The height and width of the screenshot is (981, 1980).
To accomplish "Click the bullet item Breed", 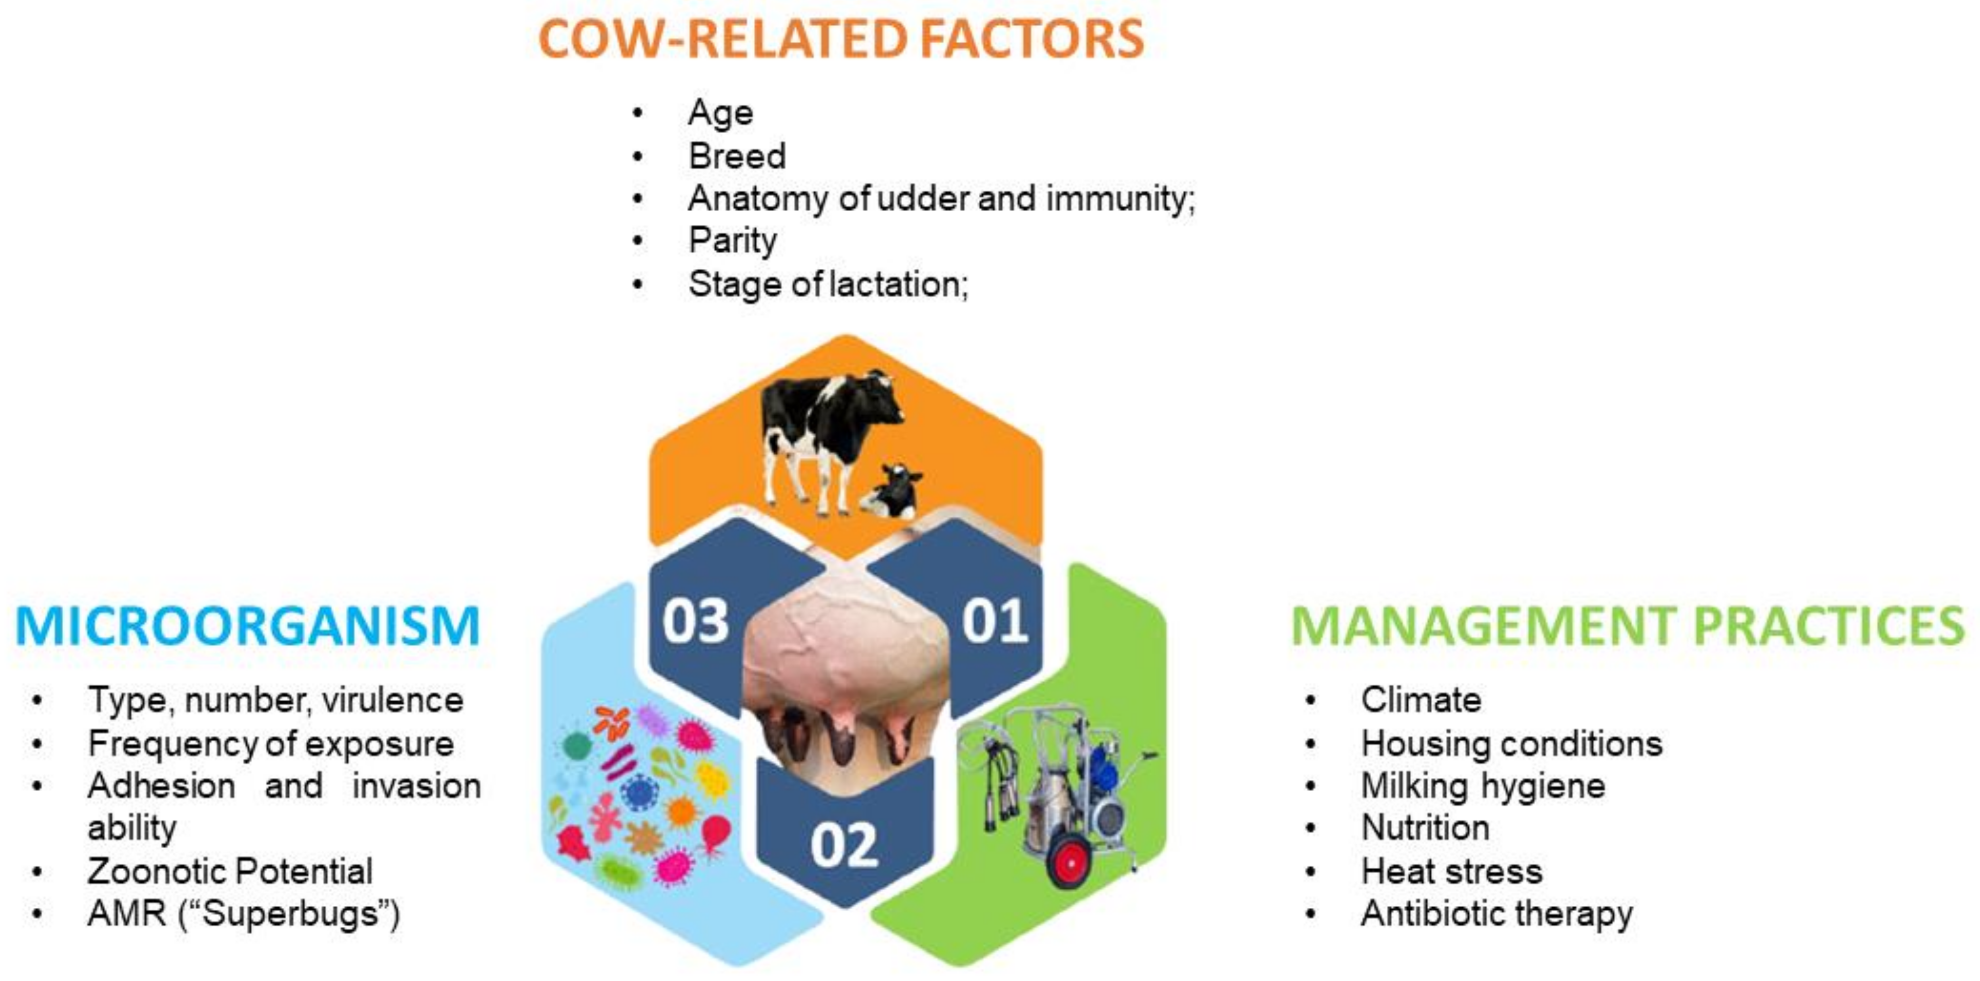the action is [736, 156].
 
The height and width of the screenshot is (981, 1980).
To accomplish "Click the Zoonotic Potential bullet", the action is [230, 871].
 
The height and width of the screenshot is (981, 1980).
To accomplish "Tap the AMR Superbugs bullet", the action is [244, 914].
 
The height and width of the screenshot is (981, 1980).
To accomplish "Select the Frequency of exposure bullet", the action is [271, 744].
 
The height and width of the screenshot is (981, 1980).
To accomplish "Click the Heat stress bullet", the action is [1451, 871].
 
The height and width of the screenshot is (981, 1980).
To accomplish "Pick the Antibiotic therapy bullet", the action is [1496, 914].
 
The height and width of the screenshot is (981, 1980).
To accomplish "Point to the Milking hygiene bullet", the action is [1483, 786].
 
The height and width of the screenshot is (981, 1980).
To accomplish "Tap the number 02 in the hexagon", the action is [844, 846].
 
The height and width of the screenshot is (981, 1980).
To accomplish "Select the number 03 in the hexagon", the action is [696, 621].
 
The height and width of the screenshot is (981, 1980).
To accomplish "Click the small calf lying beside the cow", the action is [892, 492].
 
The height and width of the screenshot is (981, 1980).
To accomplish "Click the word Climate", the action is [1420, 700].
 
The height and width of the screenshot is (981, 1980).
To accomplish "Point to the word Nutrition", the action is [1425, 828].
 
